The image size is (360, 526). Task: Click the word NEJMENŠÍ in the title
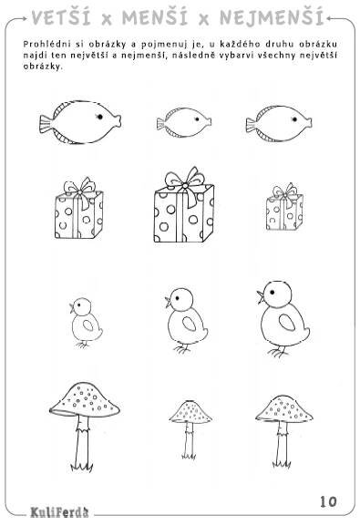click(x=272, y=17)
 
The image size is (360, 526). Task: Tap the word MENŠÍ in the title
click(x=155, y=17)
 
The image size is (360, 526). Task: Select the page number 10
click(x=328, y=501)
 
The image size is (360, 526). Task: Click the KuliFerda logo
click(x=60, y=512)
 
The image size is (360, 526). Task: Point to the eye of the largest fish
click(x=99, y=117)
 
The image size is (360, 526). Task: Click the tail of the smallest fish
click(x=161, y=123)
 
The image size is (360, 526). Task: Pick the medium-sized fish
click(x=279, y=124)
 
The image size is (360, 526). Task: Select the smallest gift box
click(x=284, y=207)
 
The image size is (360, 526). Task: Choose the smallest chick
click(x=86, y=323)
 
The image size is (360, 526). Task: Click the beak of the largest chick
click(x=261, y=297)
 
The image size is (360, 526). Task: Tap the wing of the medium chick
click(x=190, y=324)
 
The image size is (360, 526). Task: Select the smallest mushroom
click(x=190, y=429)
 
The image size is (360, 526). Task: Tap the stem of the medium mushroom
click(x=283, y=442)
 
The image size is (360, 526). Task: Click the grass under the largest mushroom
click(x=81, y=467)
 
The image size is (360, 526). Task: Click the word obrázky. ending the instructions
click(x=43, y=67)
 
